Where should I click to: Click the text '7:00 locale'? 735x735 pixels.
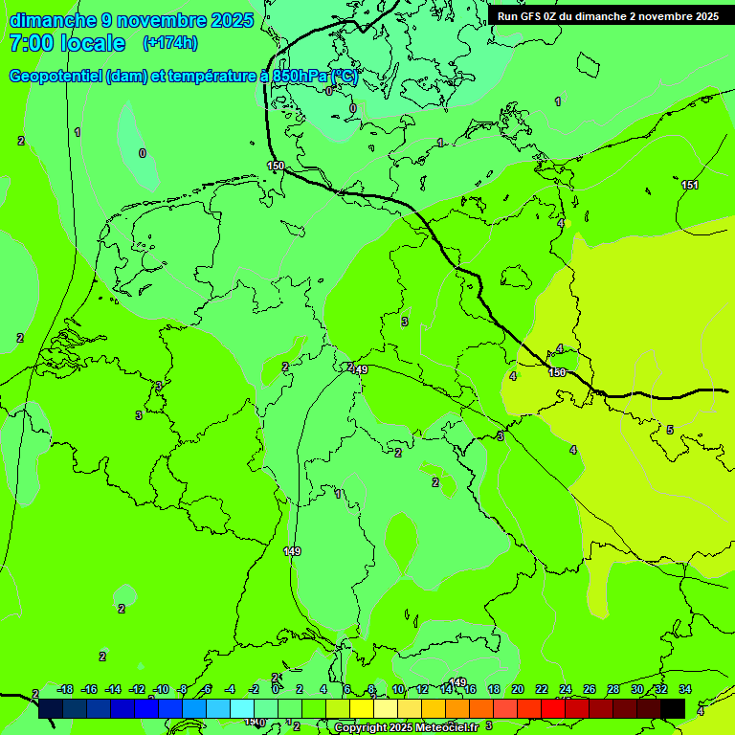tap(67, 43)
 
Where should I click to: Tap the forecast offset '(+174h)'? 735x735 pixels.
tap(170, 42)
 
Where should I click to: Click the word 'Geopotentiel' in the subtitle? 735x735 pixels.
tap(56, 77)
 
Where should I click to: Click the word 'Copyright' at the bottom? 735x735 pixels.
tap(361, 728)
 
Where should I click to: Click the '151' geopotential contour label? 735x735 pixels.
tap(690, 185)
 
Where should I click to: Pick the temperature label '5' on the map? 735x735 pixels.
tap(670, 430)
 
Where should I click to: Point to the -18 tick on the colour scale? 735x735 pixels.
tap(65, 689)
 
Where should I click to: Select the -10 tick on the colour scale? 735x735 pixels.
tap(160, 689)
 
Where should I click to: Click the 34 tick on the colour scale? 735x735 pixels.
tap(685, 689)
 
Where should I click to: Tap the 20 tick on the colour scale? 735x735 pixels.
tap(517, 689)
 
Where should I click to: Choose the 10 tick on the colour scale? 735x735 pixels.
tap(398, 689)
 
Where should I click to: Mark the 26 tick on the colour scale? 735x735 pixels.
tap(589, 689)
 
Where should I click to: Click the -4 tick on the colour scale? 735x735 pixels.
tap(230, 689)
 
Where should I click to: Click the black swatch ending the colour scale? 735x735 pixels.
tap(673, 708)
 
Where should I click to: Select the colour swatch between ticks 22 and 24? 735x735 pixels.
tap(552, 708)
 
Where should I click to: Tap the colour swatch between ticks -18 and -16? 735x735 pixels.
tap(76, 708)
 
